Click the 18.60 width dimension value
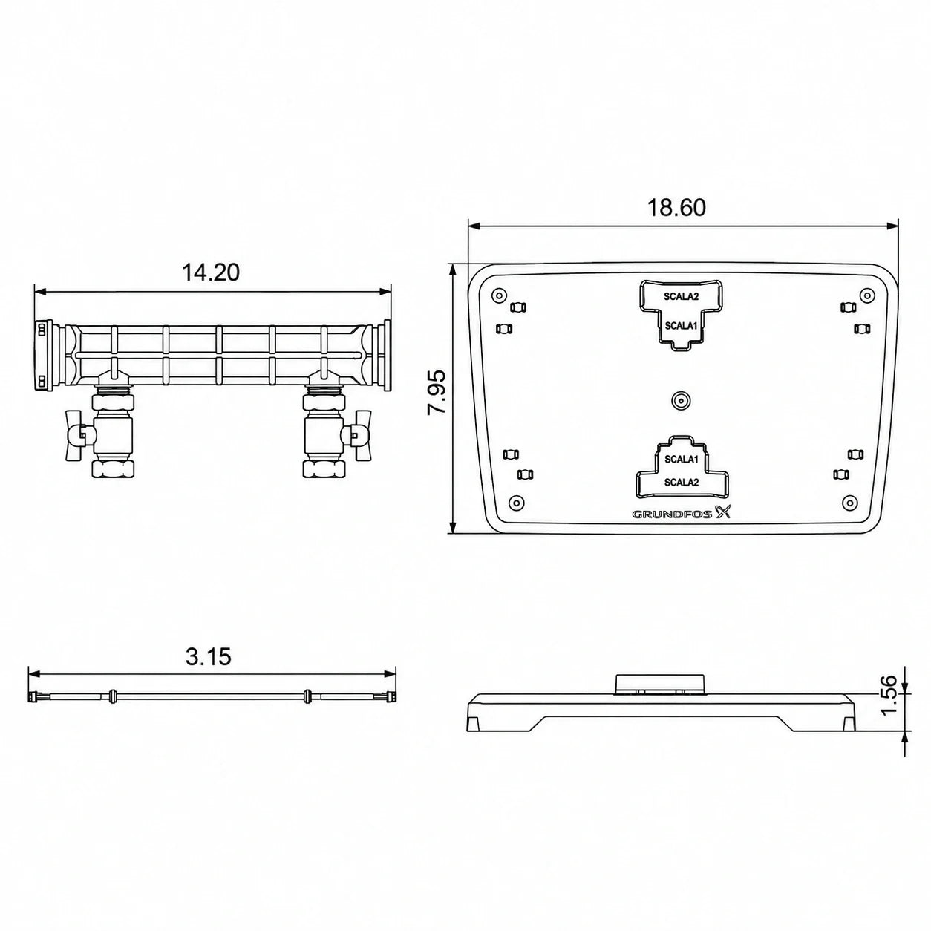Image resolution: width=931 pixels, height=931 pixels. [x=676, y=207]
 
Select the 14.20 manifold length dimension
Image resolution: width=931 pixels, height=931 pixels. [x=211, y=272]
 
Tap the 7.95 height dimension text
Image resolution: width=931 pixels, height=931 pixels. [x=437, y=392]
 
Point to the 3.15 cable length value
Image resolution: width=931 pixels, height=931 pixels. [x=208, y=657]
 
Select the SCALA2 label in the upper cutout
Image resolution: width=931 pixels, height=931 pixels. [x=681, y=297]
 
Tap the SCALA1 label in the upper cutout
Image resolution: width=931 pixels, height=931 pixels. [x=681, y=326]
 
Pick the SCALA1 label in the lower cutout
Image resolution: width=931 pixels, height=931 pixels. [x=682, y=459]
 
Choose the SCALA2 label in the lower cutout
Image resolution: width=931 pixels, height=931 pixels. [x=682, y=482]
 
